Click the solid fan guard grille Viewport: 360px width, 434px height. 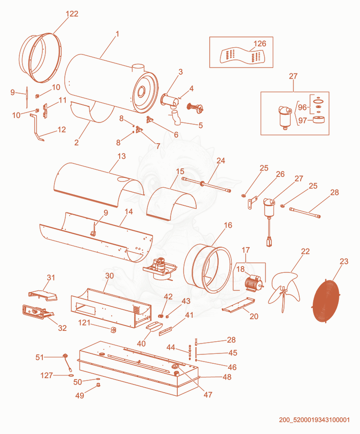(x=325, y=301)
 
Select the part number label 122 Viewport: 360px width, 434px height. (x=72, y=14)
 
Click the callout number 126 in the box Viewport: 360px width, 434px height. (x=260, y=44)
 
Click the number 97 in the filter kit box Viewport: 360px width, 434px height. (x=302, y=121)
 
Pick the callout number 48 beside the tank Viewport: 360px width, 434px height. (x=227, y=377)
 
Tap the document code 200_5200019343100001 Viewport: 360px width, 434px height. (x=315, y=420)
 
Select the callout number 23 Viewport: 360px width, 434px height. (x=344, y=261)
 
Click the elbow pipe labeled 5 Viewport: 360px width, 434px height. (x=175, y=117)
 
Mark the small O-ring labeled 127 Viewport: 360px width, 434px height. (x=71, y=375)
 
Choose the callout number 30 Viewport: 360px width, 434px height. (x=110, y=276)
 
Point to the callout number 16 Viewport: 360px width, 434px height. (x=228, y=225)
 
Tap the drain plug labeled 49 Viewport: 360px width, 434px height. (x=98, y=385)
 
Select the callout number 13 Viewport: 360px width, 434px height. (x=121, y=156)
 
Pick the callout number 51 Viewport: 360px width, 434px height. (x=40, y=357)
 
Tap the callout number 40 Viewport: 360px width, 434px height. (x=141, y=344)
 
